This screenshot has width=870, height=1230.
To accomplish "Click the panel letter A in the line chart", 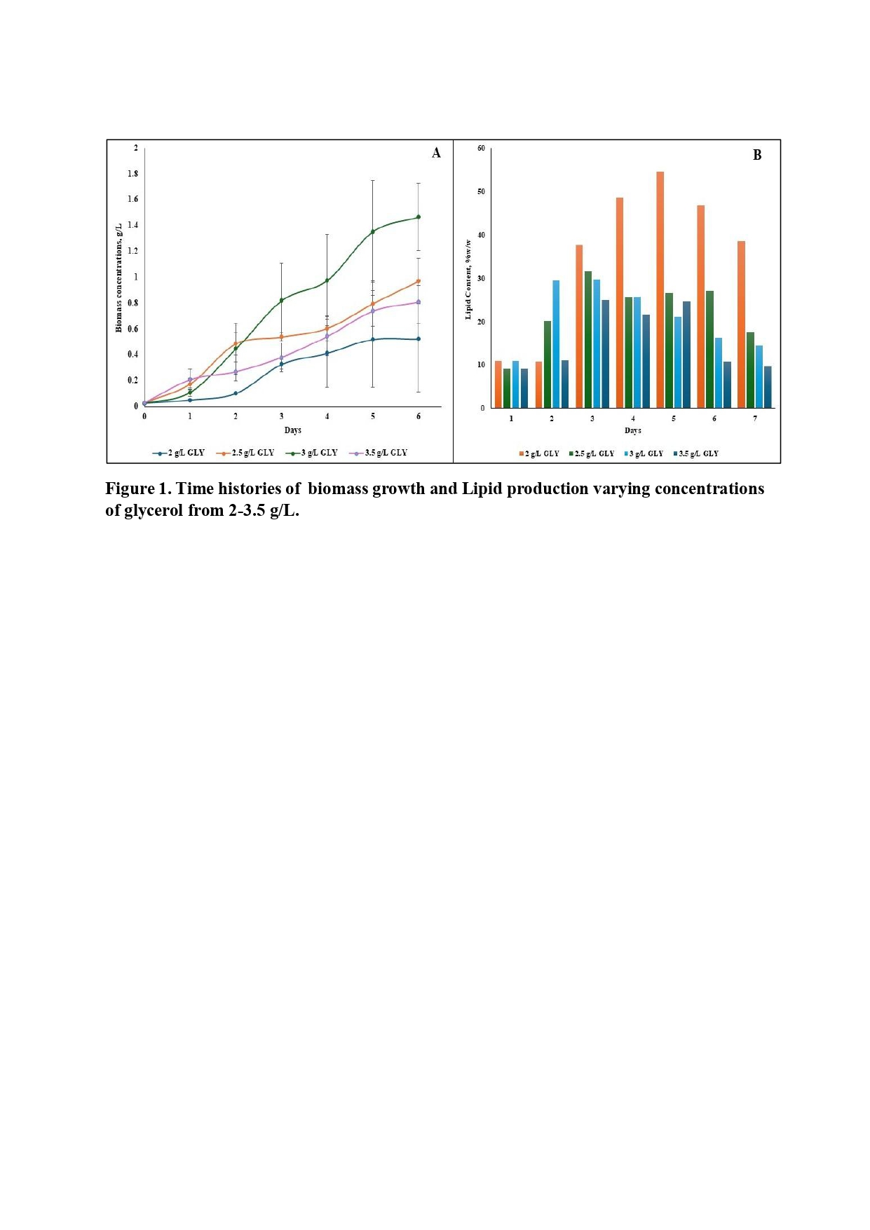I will [436, 153].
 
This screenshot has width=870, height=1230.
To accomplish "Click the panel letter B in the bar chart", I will [756, 156].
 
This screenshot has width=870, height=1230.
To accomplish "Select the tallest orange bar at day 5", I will [660, 289].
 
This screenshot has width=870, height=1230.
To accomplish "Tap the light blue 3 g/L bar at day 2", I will [556, 343].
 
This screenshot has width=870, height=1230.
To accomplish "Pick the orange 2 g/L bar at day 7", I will [741, 324].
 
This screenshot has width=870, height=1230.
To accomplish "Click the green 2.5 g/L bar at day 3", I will [587, 339].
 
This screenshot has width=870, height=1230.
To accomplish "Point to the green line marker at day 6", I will [419, 217].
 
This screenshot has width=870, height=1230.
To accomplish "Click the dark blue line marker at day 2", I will [236, 393].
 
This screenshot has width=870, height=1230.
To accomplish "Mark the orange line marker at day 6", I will [419, 281].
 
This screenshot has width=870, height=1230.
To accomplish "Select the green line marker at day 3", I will [281, 301].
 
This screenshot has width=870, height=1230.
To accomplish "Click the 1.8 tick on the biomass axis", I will [133, 174].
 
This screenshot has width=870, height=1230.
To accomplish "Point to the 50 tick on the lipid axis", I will [481, 192].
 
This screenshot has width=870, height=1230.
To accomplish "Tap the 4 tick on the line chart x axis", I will [327, 416].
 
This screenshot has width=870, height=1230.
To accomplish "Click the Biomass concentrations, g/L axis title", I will [118, 278].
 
